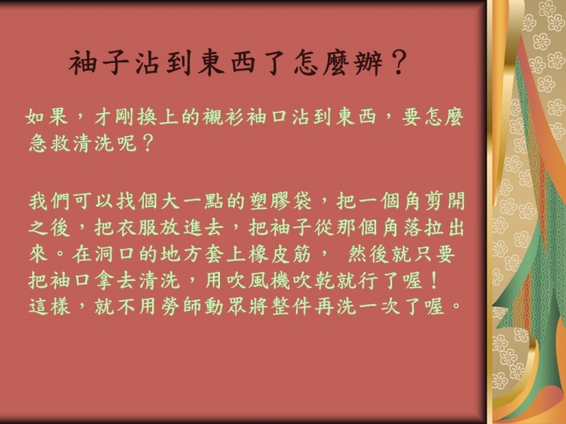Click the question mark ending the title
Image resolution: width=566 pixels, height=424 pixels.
tap(399, 62)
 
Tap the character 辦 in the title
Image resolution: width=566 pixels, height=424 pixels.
tap(369, 63)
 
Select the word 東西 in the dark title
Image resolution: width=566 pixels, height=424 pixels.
tap(226, 63)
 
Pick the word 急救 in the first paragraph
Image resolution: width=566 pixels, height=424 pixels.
tap(50, 143)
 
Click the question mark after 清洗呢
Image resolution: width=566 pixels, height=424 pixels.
tap(148, 143)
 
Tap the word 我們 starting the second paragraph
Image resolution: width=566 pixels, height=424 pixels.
tap(49, 201)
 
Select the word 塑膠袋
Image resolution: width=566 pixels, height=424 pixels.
tap(281, 201)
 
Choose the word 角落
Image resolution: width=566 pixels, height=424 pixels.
tap(401, 227)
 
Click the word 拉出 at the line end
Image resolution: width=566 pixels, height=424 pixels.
tap(444, 227)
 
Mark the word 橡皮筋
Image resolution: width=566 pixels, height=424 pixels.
tap(280, 254)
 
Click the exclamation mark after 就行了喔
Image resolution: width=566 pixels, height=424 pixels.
tap(434, 280)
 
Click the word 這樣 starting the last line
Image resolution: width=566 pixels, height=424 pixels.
tap(49, 306)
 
